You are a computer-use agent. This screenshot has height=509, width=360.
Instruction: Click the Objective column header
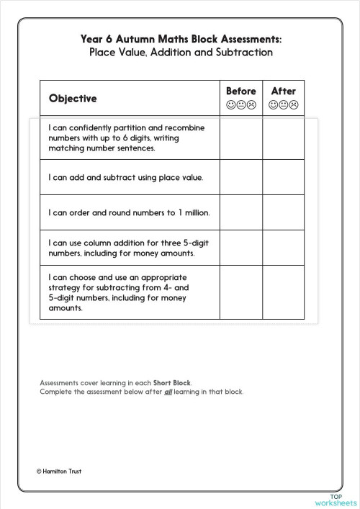(73, 98)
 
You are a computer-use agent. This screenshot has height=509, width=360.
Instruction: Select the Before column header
(241, 91)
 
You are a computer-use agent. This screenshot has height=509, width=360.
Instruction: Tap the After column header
(283, 91)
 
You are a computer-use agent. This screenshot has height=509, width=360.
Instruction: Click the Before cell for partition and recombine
(240, 138)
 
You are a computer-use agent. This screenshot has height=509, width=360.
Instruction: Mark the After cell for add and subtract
(283, 176)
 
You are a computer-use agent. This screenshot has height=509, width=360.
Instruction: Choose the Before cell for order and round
(240, 213)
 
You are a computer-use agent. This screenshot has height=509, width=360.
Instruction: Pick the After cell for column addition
(283, 248)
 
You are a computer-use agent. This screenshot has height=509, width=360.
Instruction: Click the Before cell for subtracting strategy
(240, 292)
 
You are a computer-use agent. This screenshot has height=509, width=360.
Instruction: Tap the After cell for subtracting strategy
(283, 292)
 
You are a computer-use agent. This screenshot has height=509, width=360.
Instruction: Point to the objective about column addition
(125, 248)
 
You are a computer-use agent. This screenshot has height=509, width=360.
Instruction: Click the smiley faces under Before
(241, 105)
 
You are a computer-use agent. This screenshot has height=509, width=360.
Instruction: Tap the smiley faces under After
(283, 105)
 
